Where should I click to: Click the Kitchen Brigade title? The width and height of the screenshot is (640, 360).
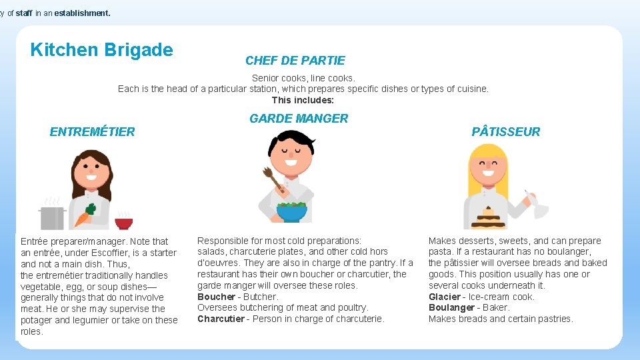[101, 50]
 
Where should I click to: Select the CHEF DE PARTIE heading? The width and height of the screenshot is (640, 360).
[295, 61]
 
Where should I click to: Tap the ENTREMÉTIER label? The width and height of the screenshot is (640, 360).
[92, 132]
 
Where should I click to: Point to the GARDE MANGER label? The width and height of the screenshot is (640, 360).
[299, 119]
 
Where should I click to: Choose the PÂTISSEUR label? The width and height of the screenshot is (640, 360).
[506, 132]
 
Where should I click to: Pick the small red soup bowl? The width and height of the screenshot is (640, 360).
[123, 223]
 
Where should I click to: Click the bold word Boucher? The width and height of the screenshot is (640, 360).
[216, 297]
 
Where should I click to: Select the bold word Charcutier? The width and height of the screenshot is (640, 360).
[220, 319]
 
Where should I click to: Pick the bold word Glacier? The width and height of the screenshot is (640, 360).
[444, 297]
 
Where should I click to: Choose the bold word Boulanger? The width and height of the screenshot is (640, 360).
[451, 308]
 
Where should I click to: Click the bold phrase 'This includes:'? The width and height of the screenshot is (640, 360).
[303, 100]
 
